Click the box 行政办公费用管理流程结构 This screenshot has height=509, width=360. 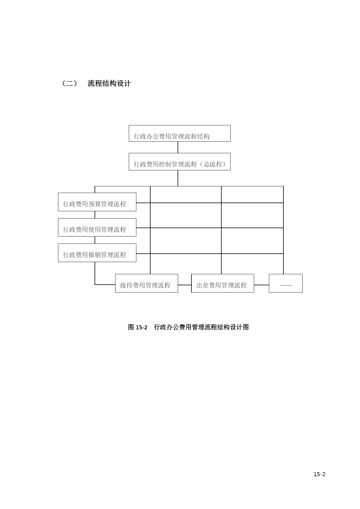(x=180, y=133)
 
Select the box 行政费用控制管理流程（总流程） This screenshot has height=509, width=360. (x=180, y=162)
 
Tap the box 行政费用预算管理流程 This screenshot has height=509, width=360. (x=97, y=202)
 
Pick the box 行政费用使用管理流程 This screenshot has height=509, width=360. (x=97, y=227)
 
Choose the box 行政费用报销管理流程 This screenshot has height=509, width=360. (x=97, y=253)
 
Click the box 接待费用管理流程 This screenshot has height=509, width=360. (x=146, y=283)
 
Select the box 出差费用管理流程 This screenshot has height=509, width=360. (x=222, y=283)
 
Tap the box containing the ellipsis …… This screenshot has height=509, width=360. (x=286, y=283)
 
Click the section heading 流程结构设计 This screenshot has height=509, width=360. (x=109, y=84)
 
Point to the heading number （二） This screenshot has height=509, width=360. (x=70, y=84)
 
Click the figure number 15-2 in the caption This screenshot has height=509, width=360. (x=142, y=327)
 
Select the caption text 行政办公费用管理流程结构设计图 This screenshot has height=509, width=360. (x=201, y=327)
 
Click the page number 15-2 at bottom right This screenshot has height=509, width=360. (x=319, y=474)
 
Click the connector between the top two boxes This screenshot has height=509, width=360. (x=178, y=147)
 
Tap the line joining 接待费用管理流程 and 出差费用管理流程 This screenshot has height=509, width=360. (x=185, y=285)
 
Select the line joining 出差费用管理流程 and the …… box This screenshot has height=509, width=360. (x=261, y=285)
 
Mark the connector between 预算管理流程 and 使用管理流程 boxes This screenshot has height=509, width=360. (x=95, y=215)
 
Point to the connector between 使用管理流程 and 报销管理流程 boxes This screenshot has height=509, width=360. (x=95, y=240)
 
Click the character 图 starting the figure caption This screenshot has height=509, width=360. (x=131, y=327)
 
